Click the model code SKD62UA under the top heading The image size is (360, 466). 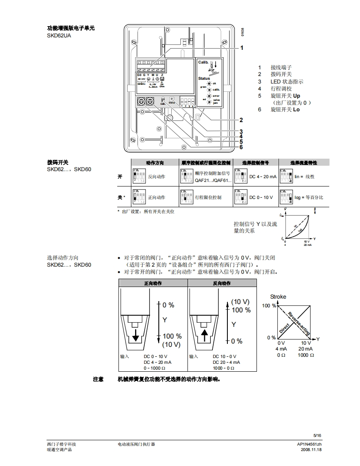(x=59, y=36)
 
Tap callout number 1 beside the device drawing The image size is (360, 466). (x=242, y=48)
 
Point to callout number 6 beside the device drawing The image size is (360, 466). (x=241, y=147)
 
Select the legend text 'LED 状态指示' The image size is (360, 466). (x=287, y=81)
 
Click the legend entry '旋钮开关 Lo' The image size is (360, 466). (x=285, y=110)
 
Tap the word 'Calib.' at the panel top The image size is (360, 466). (x=203, y=62)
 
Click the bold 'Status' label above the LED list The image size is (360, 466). (x=204, y=78)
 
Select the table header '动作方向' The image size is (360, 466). (x=155, y=162)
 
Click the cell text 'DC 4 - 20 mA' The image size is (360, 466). (x=263, y=177)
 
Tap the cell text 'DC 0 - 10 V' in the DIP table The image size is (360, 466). (x=261, y=197)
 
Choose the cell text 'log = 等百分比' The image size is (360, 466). (x=309, y=197)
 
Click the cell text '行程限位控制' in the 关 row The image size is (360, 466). (x=208, y=197)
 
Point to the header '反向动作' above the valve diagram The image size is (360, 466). (x=222, y=283)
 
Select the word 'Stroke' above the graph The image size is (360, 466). (x=278, y=297)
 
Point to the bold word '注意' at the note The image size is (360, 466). (x=98, y=379)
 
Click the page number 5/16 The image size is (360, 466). (x=318, y=435)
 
